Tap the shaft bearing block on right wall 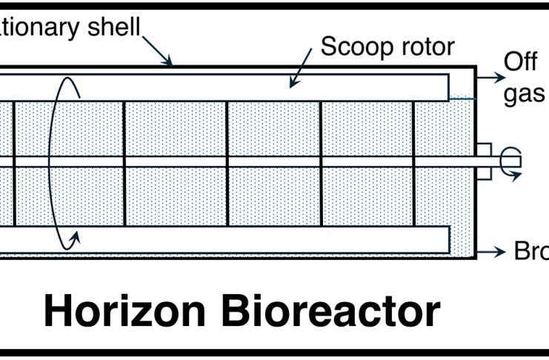483,160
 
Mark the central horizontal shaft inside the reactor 244,161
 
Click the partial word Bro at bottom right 531,252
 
